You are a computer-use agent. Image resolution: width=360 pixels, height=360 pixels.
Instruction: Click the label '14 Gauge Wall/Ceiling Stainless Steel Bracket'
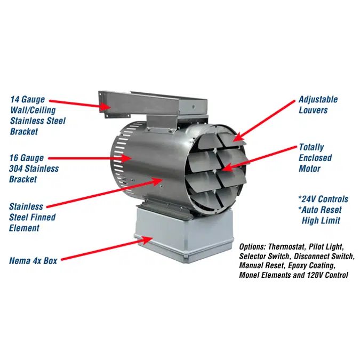coord(38,115)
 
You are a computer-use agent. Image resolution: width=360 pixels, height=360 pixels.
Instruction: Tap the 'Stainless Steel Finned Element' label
coord(32,217)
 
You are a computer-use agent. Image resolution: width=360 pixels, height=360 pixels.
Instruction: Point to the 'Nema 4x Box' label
coord(33,261)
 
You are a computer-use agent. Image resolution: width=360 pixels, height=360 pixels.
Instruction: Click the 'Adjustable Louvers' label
coord(318,105)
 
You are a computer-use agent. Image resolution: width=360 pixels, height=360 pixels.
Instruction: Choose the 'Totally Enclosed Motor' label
coord(315,158)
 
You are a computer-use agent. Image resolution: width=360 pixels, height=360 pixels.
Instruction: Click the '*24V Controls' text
coord(323,199)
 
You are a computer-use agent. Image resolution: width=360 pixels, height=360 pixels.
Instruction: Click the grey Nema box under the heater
coord(181,235)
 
